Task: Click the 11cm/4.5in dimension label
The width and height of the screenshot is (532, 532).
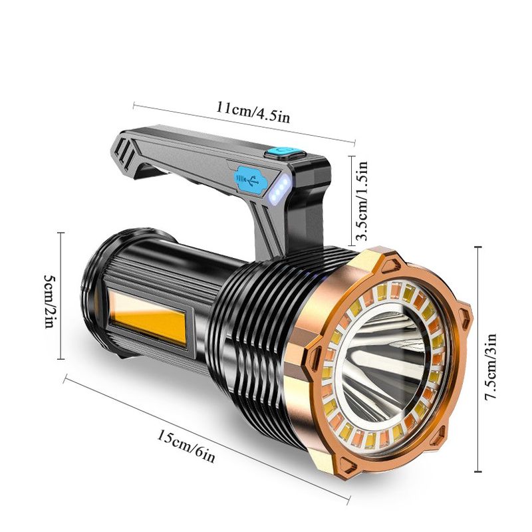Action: coord(253,112)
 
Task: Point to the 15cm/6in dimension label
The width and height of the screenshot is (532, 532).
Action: coord(186,446)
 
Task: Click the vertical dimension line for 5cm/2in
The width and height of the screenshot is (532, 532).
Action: coord(61,295)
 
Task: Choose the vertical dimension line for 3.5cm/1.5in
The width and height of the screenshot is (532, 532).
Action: coord(352,201)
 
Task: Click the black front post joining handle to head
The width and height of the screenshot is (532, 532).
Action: coord(305,207)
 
